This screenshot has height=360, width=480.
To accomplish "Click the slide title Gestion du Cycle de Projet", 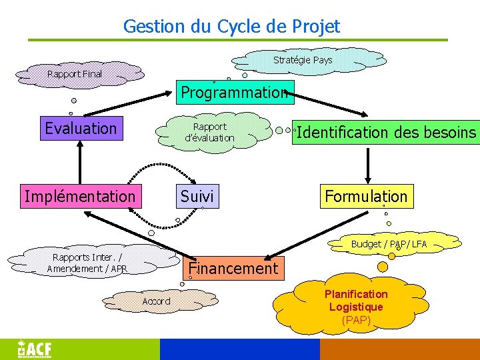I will pyautogui.click(x=231, y=27).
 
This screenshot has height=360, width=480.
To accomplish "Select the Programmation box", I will pyautogui.click(x=234, y=92).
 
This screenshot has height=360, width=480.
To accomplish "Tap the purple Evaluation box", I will pyautogui.click(x=81, y=128).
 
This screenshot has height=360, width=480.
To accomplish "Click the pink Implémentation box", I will pyautogui.click(x=80, y=196).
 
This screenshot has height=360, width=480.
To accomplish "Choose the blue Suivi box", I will pyautogui.click(x=197, y=196).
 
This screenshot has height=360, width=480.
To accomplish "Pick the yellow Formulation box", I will pyautogui.click(x=366, y=196).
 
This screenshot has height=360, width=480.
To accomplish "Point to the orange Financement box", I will pyautogui.click(x=233, y=269).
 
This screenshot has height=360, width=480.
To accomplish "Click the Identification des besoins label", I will pyautogui.click(x=386, y=132).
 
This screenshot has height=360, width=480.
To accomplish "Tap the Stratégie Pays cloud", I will pyautogui.click(x=303, y=61).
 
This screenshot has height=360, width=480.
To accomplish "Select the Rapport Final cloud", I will pyautogui.click(x=75, y=74).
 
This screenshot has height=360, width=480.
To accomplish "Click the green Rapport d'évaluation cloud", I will pyautogui.click(x=210, y=132).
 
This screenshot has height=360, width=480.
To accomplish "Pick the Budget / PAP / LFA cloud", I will pyautogui.click(x=389, y=244).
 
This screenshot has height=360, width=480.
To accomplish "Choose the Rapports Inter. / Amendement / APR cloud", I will pyautogui.click(x=87, y=263).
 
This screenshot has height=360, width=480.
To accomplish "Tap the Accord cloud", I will pyautogui.click(x=157, y=301).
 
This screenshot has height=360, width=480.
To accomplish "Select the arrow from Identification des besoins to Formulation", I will pyautogui.click(x=366, y=163).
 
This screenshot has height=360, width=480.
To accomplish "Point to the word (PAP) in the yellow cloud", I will pyautogui.click(x=356, y=320).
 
